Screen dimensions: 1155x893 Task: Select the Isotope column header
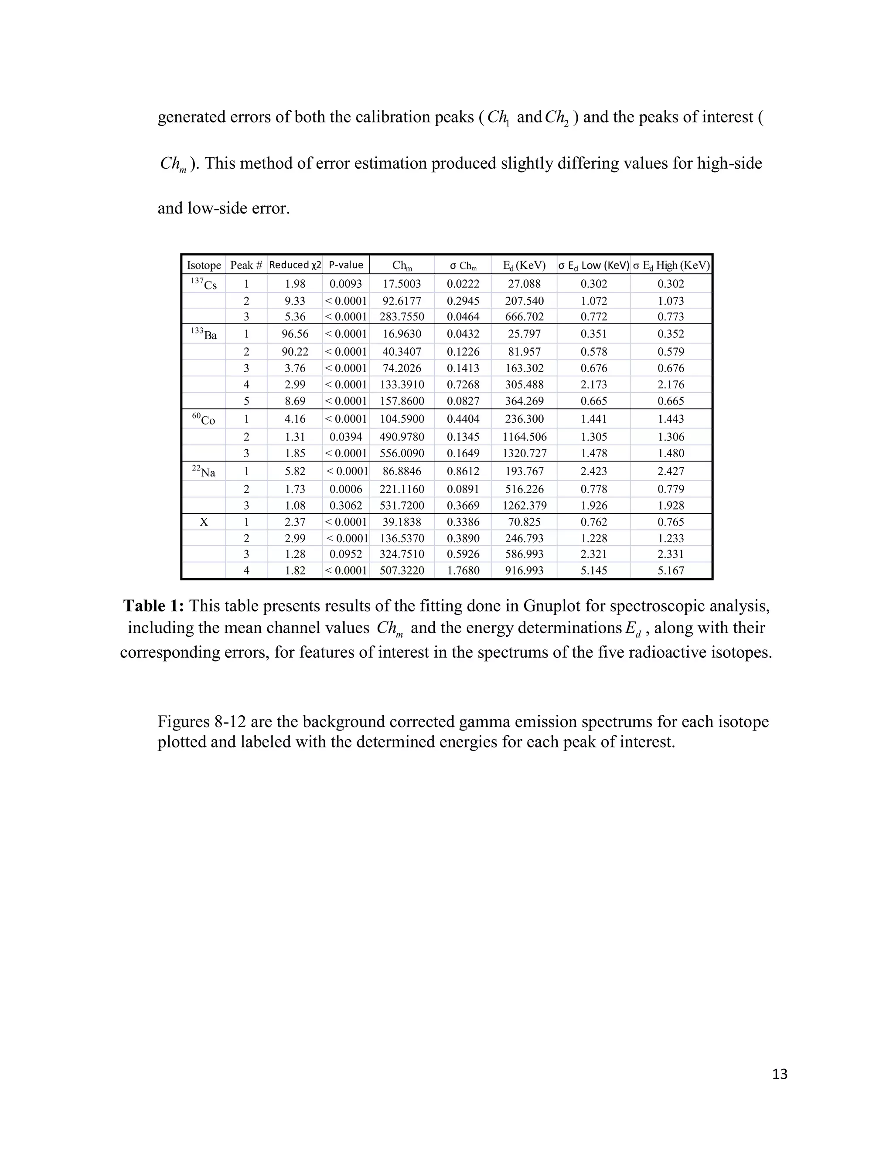(204, 265)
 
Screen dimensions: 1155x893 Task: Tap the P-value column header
(346, 265)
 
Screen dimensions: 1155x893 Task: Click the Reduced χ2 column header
(295, 265)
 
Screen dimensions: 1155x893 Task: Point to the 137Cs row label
(204, 284)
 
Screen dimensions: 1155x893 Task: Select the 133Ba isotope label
(204, 334)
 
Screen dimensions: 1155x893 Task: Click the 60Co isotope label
(204, 419)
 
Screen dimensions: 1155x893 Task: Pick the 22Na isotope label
(204, 471)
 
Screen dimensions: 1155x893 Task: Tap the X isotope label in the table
(204, 522)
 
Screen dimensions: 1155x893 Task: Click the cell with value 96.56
(295, 334)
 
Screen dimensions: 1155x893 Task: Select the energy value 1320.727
(524, 453)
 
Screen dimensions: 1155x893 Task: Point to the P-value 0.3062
(346, 506)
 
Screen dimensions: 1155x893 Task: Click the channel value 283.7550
(402, 317)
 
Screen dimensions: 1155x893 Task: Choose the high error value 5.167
(671, 571)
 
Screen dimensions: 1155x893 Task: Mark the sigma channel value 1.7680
(463, 571)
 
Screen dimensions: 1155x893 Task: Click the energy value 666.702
(524, 317)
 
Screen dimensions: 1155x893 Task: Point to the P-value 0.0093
(346, 284)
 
